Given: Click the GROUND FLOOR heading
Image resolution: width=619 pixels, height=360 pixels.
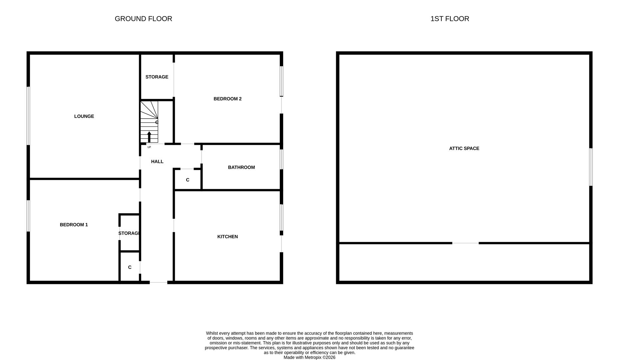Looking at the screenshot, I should (143, 19).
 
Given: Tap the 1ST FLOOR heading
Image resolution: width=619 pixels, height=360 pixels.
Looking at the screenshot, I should (449, 19).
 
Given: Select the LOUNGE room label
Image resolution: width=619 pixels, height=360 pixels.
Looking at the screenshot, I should (84, 116).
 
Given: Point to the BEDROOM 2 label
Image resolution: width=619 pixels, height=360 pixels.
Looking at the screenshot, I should (227, 99).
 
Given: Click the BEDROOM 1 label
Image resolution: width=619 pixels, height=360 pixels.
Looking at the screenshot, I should (74, 225).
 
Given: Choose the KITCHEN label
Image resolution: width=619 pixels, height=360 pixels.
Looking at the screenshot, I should (227, 237).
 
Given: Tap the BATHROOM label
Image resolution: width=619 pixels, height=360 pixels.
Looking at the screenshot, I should (241, 167).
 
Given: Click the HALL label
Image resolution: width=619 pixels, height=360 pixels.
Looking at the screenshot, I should (157, 162).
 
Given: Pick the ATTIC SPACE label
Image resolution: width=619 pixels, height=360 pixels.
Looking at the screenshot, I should (464, 148).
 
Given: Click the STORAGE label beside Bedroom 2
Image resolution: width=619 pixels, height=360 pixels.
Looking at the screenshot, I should (157, 77).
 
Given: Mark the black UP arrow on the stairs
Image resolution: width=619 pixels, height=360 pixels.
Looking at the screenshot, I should (149, 137).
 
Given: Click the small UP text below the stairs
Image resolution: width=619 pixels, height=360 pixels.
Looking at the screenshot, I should (149, 147).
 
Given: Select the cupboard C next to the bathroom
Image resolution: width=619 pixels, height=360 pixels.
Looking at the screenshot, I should (188, 180).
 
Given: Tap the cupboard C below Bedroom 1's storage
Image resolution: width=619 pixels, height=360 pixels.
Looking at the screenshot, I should (130, 267).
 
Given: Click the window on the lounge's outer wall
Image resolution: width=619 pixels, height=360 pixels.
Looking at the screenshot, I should (28, 116).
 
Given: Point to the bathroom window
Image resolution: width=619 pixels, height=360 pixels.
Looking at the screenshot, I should (282, 159).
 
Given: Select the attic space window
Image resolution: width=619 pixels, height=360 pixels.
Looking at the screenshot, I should (591, 167).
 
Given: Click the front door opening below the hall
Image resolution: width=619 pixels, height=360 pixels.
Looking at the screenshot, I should (158, 282).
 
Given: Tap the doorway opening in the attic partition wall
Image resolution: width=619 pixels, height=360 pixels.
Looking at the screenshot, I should (465, 243).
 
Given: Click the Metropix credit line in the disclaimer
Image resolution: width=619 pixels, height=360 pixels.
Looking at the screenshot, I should (309, 357).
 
